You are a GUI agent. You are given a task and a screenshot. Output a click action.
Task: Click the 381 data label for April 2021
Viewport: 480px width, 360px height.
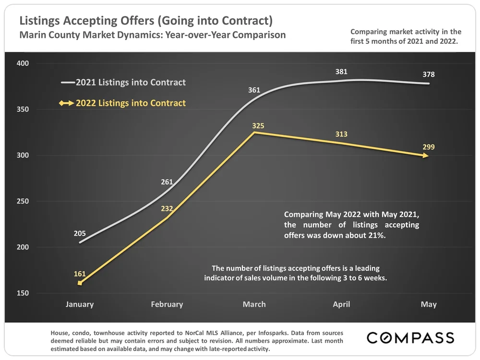(341, 72)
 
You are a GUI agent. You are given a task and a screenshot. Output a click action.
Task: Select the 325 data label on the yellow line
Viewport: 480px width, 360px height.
(258, 126)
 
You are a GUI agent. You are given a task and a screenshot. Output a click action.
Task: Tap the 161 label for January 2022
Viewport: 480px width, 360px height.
(80, 274)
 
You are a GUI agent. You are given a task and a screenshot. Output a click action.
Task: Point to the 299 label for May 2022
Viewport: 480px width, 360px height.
(429, 147)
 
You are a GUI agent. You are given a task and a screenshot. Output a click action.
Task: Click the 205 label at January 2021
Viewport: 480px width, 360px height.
(80, 234)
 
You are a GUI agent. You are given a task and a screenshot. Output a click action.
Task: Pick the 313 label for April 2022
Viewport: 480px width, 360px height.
(341, 134)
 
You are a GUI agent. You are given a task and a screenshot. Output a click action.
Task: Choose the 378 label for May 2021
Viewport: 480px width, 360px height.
(429, 74)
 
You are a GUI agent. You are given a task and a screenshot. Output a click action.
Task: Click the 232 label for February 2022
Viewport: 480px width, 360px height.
(167, 209)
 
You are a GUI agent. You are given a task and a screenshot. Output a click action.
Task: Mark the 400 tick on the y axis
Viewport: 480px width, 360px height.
(23, 63)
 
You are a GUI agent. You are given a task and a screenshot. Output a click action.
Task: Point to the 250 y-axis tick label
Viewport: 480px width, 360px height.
(23, 202)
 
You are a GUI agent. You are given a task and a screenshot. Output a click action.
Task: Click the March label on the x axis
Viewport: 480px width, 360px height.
(254, 304)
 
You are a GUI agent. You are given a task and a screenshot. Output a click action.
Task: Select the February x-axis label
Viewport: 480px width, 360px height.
(167, 304)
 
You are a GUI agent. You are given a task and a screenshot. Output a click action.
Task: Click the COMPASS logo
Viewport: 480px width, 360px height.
(410, 338)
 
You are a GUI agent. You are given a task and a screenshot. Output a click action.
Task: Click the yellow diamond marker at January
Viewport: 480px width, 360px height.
(80, 283)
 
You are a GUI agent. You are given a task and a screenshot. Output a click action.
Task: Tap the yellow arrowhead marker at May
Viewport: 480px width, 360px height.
(426, 156)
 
